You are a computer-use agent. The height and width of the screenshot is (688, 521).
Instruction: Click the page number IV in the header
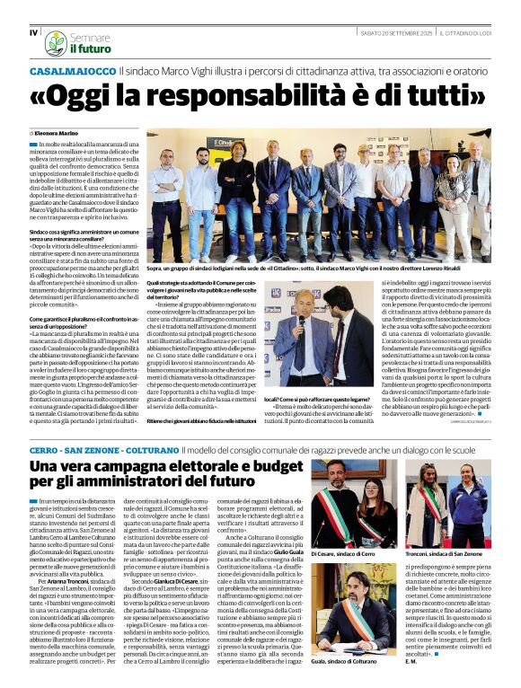click(33, 33)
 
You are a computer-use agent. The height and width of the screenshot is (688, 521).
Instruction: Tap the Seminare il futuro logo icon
click(56, 42)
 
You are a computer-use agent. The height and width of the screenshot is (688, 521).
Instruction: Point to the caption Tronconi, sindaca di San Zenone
click(452, 555)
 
